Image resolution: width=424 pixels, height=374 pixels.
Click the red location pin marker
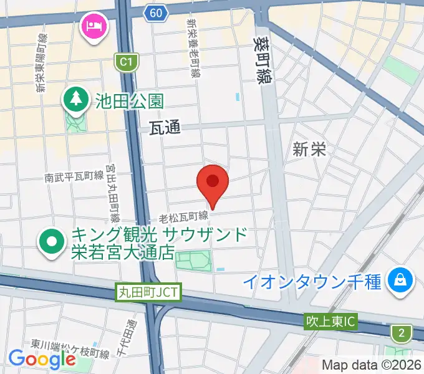pyautogui.click(x=213, y=183)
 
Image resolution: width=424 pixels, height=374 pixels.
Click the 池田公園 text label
pyautogui.click(x=129, y=100)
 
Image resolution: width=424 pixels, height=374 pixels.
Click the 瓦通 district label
pyautogui.click(x=165, y=128)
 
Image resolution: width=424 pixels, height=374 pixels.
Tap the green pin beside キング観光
pyautogui.click(x=52, y=242)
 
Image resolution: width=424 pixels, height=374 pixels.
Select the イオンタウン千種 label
pyautogui.click(x=311, y=282)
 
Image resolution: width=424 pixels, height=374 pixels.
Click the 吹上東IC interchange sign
pyautogui.click(x=330, y=322)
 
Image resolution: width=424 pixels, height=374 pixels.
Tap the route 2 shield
pyautogui.click(x=400, y=332)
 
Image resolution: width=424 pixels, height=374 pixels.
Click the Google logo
pyautogui.click(x=42, y=359)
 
